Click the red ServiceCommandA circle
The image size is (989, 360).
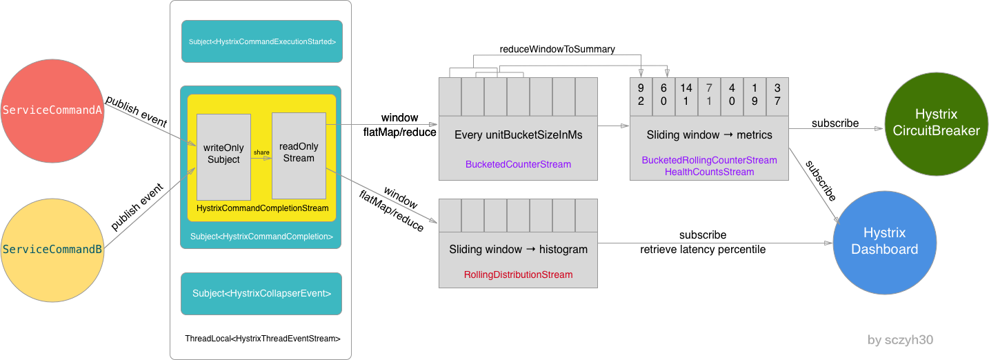pyautogui.click(x=52, y=111)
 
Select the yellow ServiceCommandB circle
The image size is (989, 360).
pyautogui.click(x=52, y=250)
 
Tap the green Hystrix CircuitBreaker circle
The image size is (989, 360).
pyautogui.click(x=936, y=122)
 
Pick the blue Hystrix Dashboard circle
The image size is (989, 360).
pyautogui.click(x=884, y=242)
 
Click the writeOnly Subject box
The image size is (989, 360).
pyautogui.click(x=223, y=157)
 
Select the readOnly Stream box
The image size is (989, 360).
pyautogui.click(x=299, y=155)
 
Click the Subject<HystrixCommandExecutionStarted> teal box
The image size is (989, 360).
pyautogui.click(x=262, y=41)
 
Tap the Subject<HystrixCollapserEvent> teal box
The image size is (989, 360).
pyautogui.click(x=261, y=293)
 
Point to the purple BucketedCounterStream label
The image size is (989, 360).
pyautogui.click(x=518, y=164)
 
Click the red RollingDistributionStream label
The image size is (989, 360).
pyautogui.click(x=518, y=274)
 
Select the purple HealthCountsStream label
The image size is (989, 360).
pyautogui.click(x=709, y=172)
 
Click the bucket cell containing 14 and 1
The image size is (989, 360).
pyautogui.click(x=686, y=95)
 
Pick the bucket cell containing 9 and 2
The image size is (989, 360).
pyautogui.click(x=641, y=95)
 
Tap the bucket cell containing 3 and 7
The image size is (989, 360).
pyautogui.click(x=777, y=95)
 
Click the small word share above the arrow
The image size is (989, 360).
pyautogui.click(x=261, y=152)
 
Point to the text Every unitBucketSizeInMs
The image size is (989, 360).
pyautogui.click(x=518, y=135)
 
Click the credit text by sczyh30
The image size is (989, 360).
pyautogui.click(x=900, y=340)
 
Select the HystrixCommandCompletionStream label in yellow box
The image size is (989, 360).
pyautogui.click(x=262, y=208)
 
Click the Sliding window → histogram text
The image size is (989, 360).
pyautogui.click(x=518, y=250)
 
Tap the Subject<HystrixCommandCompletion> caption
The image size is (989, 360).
pyautogui.click(x=261, y=237)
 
